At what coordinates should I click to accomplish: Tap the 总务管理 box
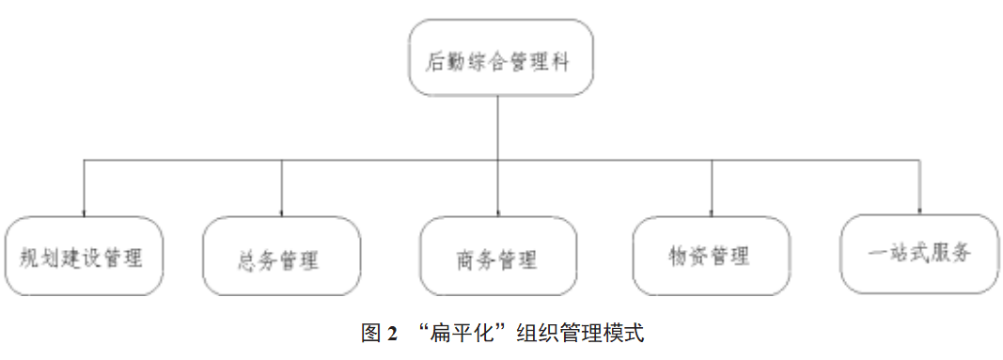(x=281, y=257)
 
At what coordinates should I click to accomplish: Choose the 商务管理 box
(x=497, y=257)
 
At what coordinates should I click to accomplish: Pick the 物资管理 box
(x=710, y=256)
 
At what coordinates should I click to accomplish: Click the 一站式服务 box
(x=918, y=254)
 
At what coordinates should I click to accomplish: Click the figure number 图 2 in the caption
(x=380, y=334)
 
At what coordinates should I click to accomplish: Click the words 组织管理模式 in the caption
(x=579, y=334)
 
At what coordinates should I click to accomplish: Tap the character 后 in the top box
(x=435, y=61)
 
